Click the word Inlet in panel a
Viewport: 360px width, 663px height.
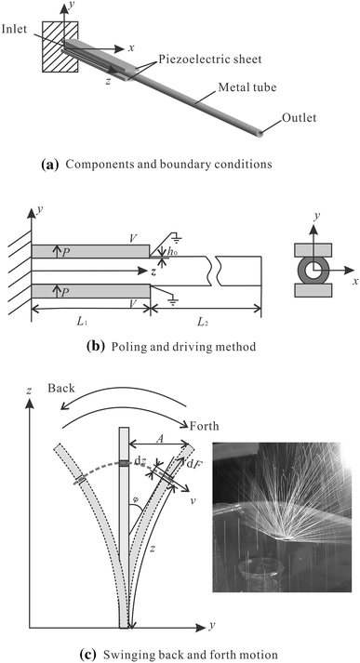(x=13, y=30)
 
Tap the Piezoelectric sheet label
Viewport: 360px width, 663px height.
(x=210, y=59)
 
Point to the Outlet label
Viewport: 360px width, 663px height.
(x=300, y=117)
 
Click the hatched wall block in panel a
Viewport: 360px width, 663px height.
(x=60, y=46)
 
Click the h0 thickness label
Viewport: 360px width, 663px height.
(x=172, y=252)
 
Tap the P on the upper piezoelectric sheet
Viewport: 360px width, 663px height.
(x=65, y=252)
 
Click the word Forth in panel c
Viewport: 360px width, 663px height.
(x=205, y=425)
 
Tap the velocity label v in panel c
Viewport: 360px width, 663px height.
(x=193, y=501)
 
